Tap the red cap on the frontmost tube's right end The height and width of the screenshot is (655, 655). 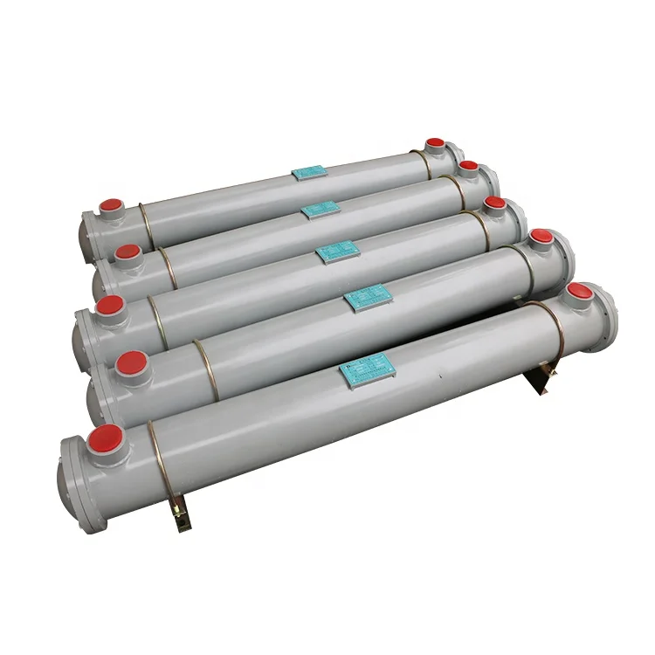pyautogui.click(x=579, y=291)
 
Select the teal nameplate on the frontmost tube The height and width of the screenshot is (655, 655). pyautogui.click(x=368, y=370)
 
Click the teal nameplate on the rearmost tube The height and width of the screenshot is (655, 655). pyautogui.click(x=309, y=173)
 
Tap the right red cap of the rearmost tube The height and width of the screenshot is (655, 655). pyautogui.click(x=434, y=145)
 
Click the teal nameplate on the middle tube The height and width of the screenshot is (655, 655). pyautogui.click(x=338, y=252)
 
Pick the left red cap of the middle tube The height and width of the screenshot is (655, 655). pyautogui.click(x=109, y=306)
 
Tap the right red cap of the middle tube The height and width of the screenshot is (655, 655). pyautogui.click(x=495, y=203)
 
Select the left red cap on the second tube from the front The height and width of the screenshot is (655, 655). pyautogui.click(x=131, y=361)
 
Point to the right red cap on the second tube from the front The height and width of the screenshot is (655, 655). pyautogui.click(x=541, y=236)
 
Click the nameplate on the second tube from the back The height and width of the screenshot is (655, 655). pyautogui.click(x=321, y=210)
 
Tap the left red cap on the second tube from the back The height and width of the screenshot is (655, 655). pyautogui.click(x=128, y=252)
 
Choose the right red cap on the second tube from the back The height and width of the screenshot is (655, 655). pyautogui.click(x=468, y=166)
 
